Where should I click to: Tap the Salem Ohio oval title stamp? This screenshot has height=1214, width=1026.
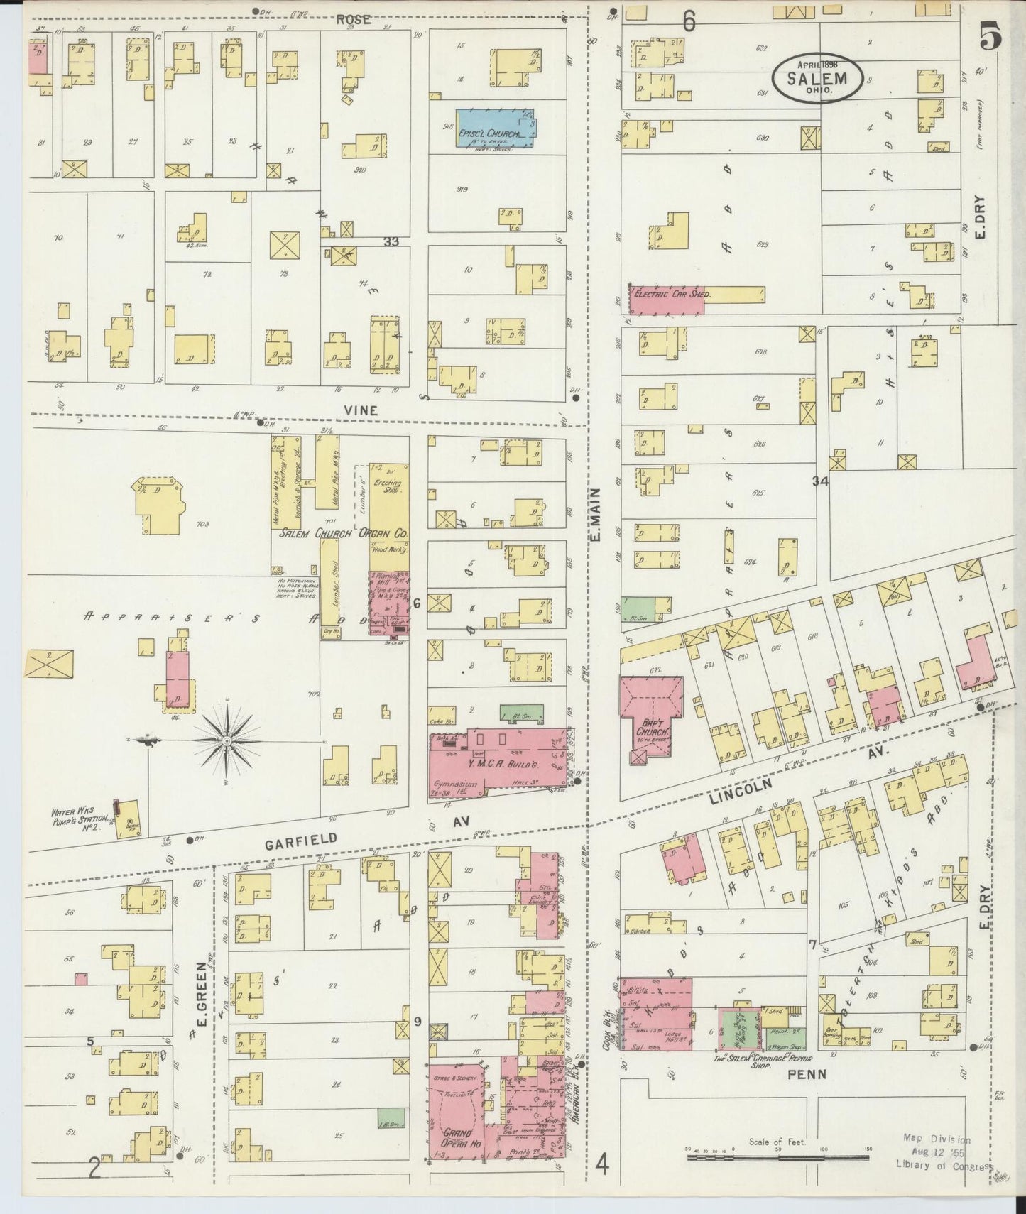(x=819, y=78)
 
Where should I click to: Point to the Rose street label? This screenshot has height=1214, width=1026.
(x=353, y=20)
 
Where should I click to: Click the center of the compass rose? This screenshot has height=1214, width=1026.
(x=227, y=742)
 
